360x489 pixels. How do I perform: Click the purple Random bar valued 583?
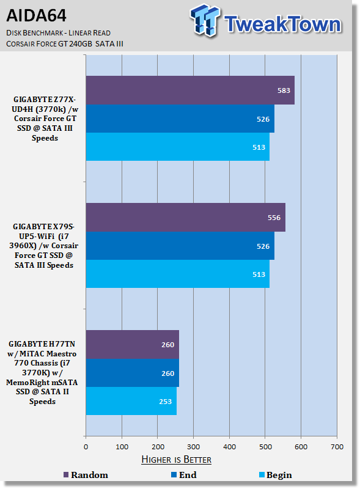pyautogui.click(x=190, y=90)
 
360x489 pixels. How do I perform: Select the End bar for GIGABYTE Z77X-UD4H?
pyautogui.click(x=180, y=119)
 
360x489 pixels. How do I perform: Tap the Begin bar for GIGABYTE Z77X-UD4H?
pyautogui.click(x=178, y=147)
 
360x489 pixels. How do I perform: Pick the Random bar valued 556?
pyautogui.click(x=186, y=218)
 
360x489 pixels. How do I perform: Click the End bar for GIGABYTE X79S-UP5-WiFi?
pyautogui.click(x=180, y=246)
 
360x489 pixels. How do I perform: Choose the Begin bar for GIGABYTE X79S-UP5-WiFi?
pyautogui.click(x=178, y=274)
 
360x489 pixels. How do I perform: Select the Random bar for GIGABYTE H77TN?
pyautogui.click(x=133, y=345)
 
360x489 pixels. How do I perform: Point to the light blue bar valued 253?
pyautogui.click(x=131, y=401)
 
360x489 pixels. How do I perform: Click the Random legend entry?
pyautogui.click(x=86, y=475)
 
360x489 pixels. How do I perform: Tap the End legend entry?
pyautogui.click(x=184, y=475)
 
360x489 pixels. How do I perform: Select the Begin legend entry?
pyautogui.click(x=276, y=475)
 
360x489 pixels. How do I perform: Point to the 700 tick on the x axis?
pyautogui.click(x=337, y=447)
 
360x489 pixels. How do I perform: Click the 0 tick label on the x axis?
pyautogui.click(x=86, y=447)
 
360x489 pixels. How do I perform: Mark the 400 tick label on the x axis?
pyautogui.click(x=229, y=447)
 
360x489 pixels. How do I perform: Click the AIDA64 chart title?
pyautogui.click(x=37, y=16)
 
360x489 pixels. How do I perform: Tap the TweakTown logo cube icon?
pyautogui.click(x=205, y=20)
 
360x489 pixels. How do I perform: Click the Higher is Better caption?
pyautogui.click(x=177, y=460)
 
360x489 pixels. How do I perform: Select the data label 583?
pyautogui.click(x=284, y=90)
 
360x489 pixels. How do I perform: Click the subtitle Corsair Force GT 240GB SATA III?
pyautogui.click(x=65, y=44)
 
